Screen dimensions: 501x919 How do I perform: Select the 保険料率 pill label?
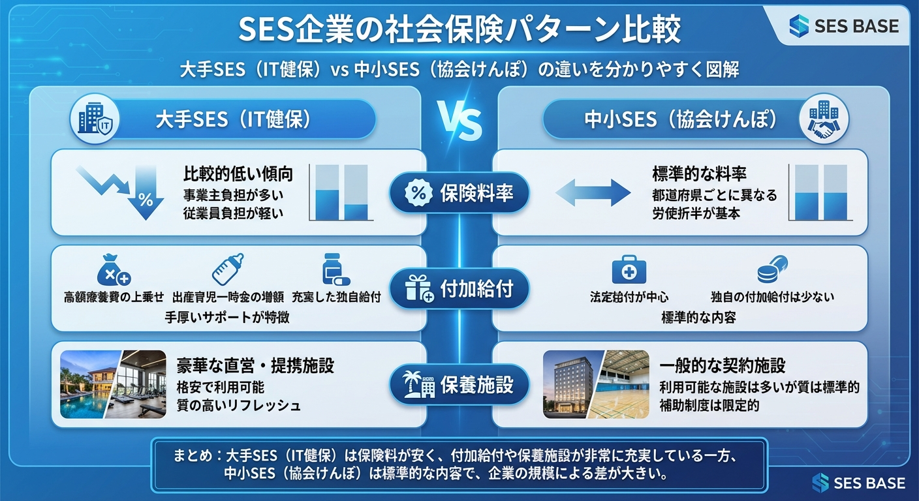click(459, 193)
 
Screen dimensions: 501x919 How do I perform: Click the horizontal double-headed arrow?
click(593, 194)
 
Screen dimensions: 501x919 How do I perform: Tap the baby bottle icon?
click(227, 269)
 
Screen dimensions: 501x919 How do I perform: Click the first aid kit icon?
click(628, 269)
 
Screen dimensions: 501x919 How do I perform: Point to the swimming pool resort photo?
click(88, 385)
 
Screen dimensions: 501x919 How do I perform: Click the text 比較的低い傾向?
click(238, 174)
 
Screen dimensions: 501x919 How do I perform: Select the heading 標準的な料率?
click(699, 174)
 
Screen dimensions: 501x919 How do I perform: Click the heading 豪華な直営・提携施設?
click(255, 365)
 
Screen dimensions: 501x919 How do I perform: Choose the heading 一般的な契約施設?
click(722, 365)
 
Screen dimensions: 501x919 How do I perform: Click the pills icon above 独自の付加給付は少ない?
click(772, 269)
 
